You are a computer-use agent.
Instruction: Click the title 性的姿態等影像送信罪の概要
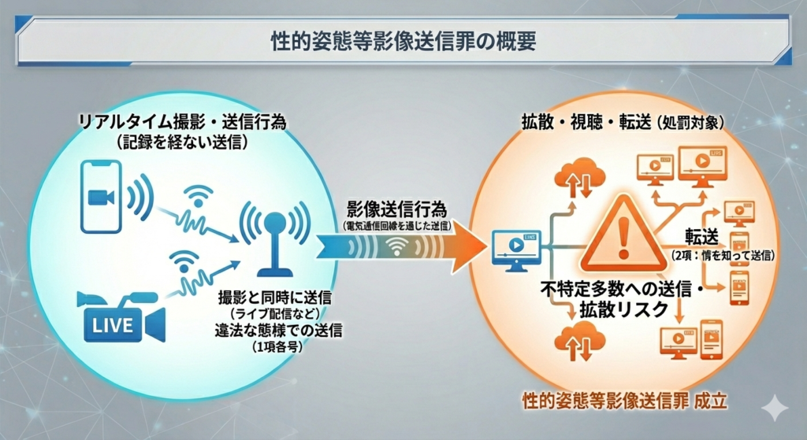(x=403, y=42)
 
